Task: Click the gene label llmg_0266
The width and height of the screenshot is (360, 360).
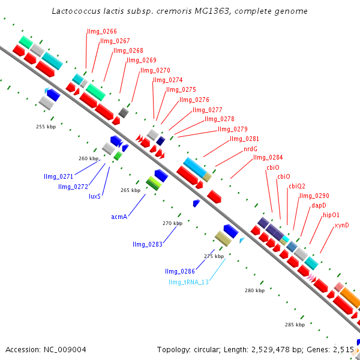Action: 102,31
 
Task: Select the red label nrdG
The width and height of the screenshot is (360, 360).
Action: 250,148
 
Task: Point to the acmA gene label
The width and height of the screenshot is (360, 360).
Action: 119,216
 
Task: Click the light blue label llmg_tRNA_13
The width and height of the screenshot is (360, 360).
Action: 188,282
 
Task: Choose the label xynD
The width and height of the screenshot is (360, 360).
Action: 341,225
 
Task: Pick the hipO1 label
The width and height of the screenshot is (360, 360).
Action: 331,215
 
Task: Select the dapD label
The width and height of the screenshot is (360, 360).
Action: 319,205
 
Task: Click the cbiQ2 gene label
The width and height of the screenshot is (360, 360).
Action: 296,186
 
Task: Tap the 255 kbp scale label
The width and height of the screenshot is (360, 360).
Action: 46,127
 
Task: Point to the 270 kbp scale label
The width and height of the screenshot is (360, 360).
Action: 172,223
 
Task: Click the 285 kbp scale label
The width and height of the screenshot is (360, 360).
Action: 295,325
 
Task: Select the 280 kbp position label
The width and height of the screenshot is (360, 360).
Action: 254,290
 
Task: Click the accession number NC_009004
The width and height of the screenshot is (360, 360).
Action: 46,349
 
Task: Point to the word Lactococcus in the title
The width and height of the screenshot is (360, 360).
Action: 74,11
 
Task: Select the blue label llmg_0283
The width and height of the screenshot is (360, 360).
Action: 148,244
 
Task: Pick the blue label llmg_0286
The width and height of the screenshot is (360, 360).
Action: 180,271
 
